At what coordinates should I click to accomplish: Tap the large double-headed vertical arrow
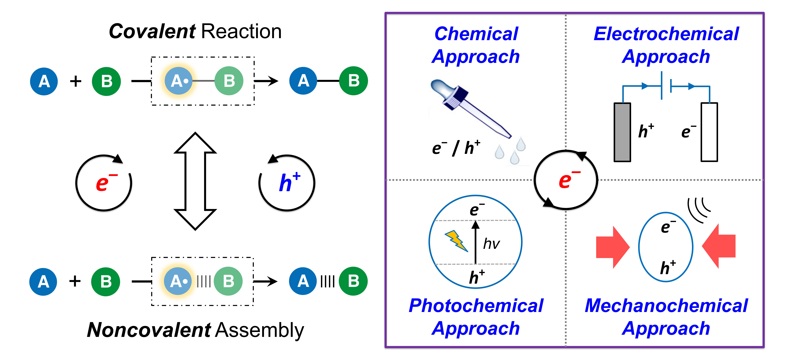[195, 181]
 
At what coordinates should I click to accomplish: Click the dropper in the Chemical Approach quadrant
[468, 108]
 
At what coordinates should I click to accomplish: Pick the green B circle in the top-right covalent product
[353, 81]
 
